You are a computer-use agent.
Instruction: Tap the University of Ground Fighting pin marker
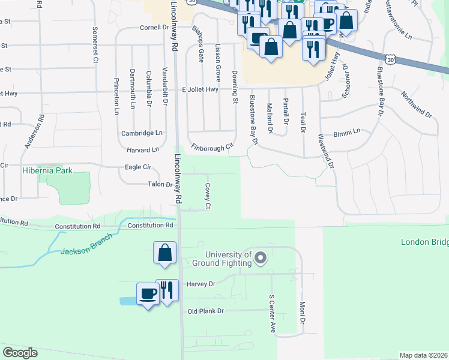tap(261, 259)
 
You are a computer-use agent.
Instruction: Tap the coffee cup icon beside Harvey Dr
tap(148, 293)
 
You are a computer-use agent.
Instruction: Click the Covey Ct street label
tap(208, 197)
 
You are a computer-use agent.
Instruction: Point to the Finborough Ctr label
tap(211, 147)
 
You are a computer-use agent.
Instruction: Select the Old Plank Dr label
tap(205, 311)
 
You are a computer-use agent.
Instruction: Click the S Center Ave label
tap(272, 314)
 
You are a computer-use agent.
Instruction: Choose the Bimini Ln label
tap(348, 131)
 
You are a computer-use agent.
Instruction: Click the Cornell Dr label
tap(154, 28)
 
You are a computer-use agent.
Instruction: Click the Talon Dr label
tap(160, 184)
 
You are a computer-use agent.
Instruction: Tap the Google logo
tap(20, 353)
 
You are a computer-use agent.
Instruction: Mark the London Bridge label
tap(424, 242)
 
